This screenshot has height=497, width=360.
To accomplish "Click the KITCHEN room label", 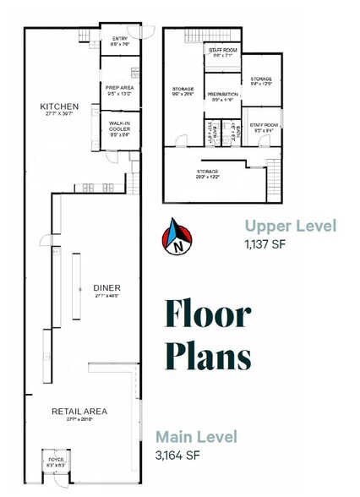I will point(60,106).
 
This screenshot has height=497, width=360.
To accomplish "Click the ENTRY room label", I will point(119,39).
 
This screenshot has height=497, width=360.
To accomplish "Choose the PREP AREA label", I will point(118,87).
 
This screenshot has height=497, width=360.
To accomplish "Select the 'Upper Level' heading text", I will point(290,226).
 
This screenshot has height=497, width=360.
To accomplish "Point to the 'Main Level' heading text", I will point(196,437).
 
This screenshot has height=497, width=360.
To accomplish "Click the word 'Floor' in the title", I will point(208,314).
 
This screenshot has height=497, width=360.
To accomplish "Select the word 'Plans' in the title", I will point(208,354).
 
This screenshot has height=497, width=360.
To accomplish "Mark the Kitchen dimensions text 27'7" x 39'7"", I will point(60,115).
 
